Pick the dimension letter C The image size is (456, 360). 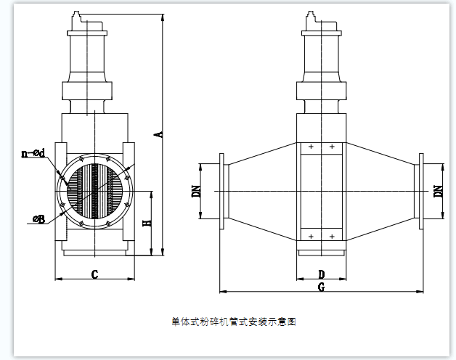click(x=94, y=274)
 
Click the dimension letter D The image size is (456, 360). click(x=321, y=274)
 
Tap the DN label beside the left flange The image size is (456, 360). click(x=195, y=192)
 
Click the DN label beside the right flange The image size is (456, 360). click(x=438, y=192)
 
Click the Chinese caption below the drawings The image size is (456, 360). click(x=234, y=321)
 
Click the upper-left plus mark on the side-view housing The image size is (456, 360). click(x=311, y=147)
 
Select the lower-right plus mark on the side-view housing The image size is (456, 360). click(x=332, y=237)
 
